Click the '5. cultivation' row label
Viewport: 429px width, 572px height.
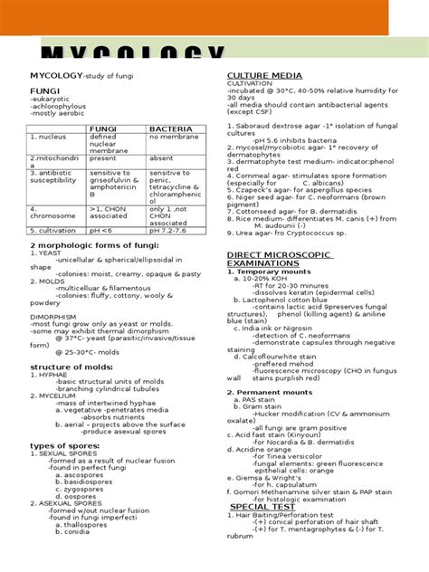click(52, 231)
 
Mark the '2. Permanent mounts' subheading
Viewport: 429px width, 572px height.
click(272, 393)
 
